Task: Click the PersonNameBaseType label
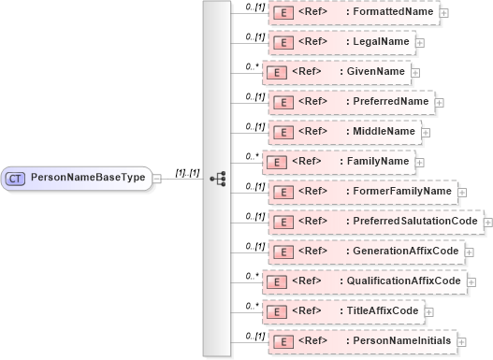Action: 89,176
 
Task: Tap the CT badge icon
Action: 16,177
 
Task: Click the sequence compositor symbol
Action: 218,177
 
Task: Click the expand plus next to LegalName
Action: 420,43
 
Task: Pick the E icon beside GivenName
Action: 275,72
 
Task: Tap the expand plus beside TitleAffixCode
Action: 428,312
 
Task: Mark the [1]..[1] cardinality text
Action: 187,171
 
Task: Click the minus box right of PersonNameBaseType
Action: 156,177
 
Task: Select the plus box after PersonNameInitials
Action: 461,342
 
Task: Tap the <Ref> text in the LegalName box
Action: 312,42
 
